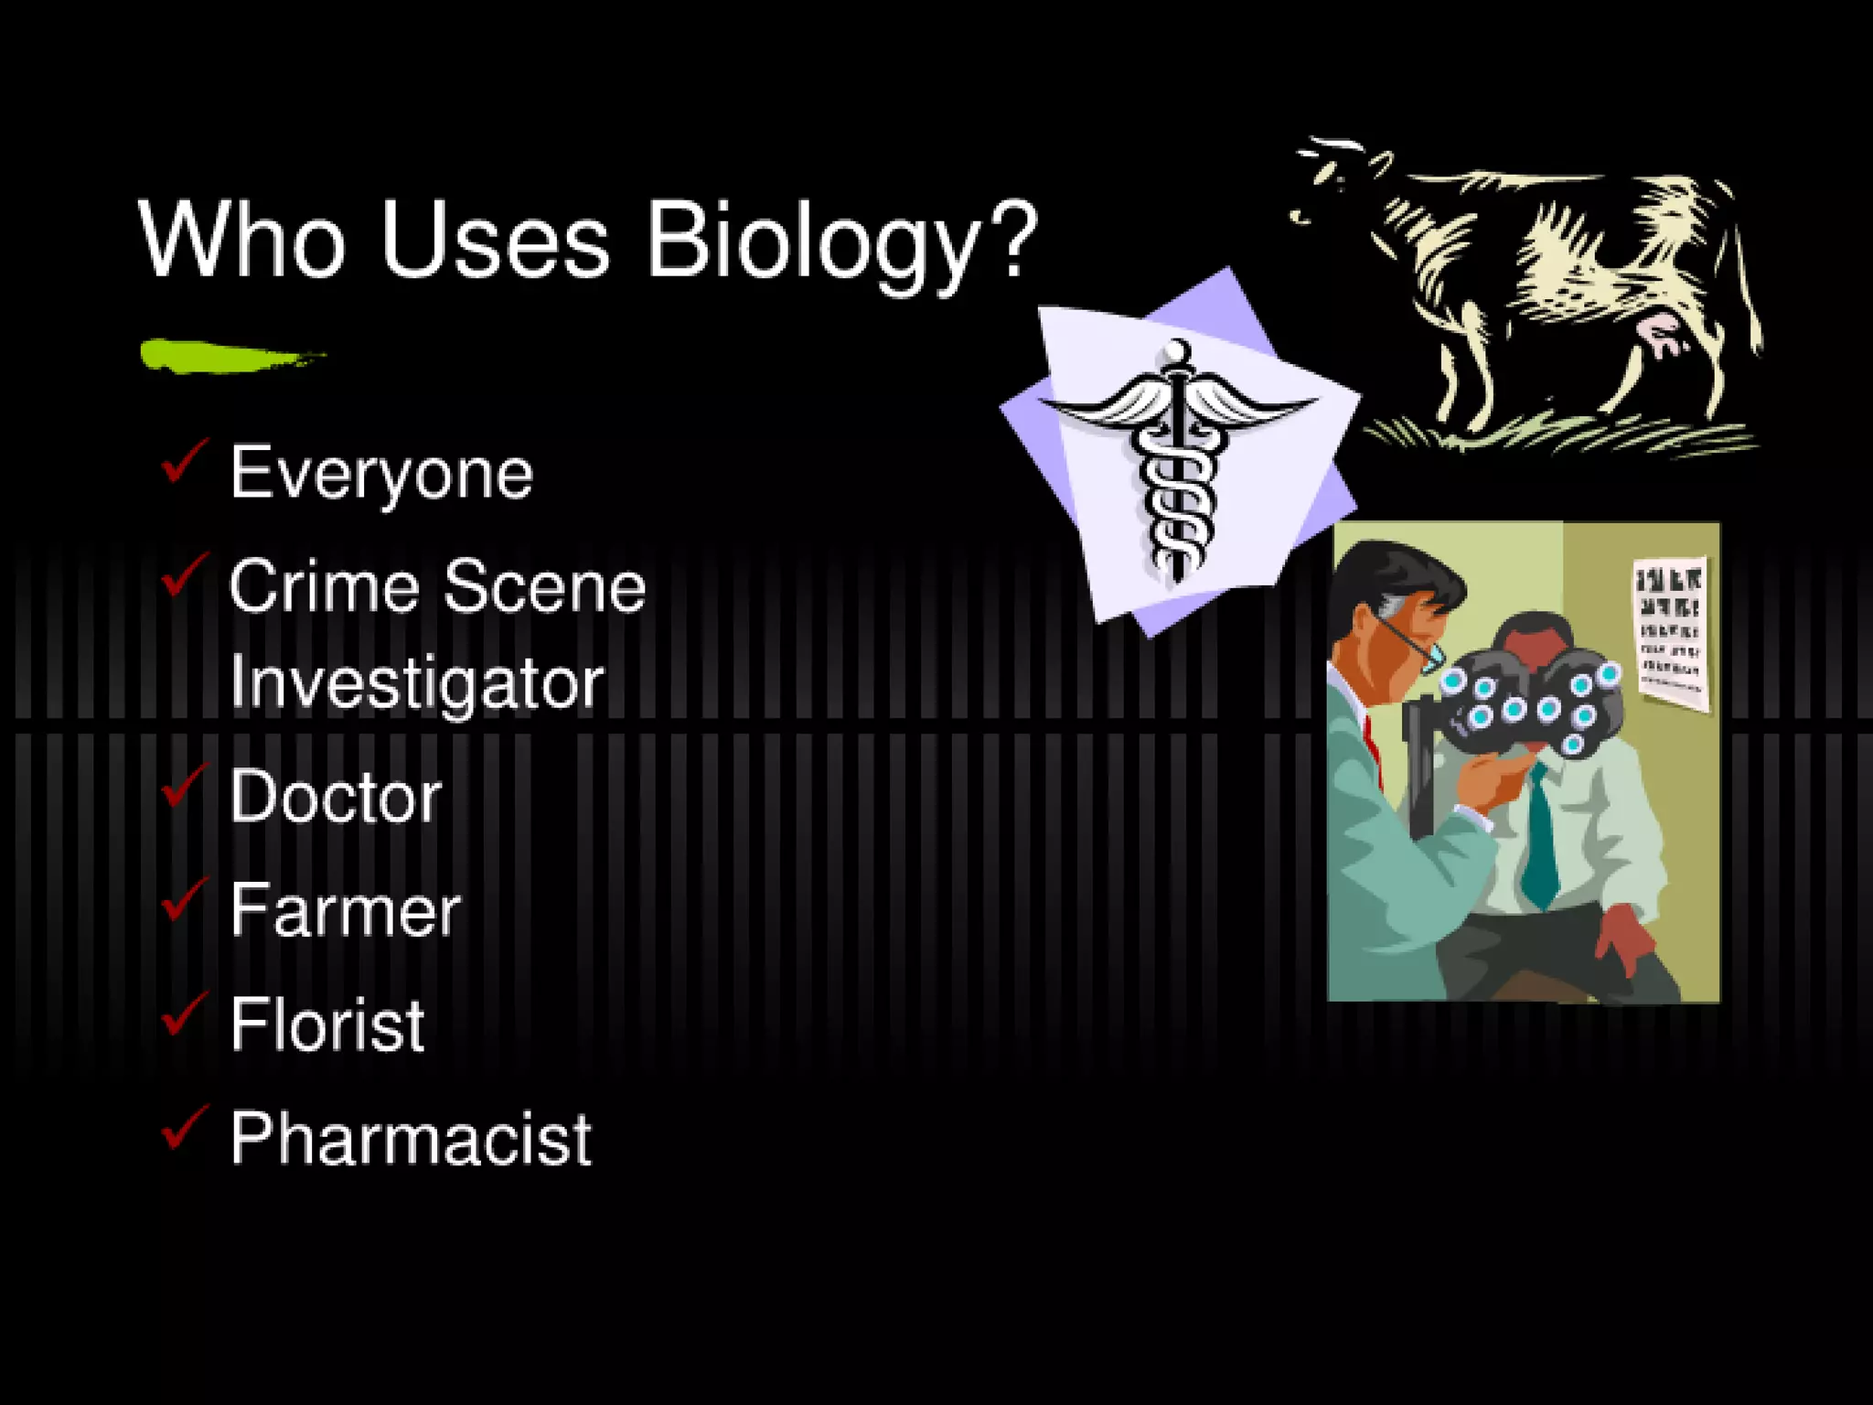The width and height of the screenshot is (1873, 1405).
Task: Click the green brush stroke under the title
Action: [229, 355]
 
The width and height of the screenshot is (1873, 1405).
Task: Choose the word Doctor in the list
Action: [336, 796]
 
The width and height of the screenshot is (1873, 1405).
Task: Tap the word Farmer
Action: [345, 910]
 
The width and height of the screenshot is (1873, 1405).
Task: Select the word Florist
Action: [327, 1024]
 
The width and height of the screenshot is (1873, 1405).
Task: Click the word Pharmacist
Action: [411, 1139]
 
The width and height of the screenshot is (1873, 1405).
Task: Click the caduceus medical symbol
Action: [1178, 457]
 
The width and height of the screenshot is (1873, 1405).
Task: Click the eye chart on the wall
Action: [1670, 631]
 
